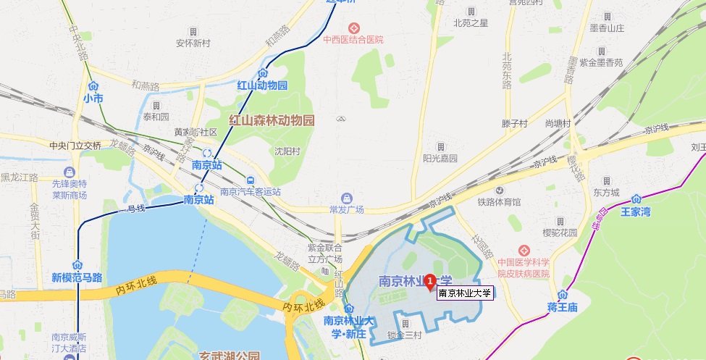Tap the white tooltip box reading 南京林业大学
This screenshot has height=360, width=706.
click(x=465, y=293)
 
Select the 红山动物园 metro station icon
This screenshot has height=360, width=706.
click(x=263, y=74)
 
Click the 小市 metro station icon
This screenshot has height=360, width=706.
click(x=93, y=85)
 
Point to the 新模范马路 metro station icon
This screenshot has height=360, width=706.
click(x=77, y=265)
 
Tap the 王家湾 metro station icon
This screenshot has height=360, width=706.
click(x=636, y=199)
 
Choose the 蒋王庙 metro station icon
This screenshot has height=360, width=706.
click(x=562, y=294)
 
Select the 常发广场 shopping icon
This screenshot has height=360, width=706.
click(x=346, y=198)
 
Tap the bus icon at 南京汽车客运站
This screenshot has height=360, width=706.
click(x=250, y=180)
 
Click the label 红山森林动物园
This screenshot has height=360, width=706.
click(x=272, y=120)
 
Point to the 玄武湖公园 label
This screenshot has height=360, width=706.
click(x=229, y=356)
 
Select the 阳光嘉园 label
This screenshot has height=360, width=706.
click(x=440, y=157)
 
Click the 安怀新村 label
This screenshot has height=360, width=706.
click(x=193, y=43)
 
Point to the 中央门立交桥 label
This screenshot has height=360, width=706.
click(x=75, y=145)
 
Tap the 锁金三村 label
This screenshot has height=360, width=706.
click(x=404, y=334)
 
